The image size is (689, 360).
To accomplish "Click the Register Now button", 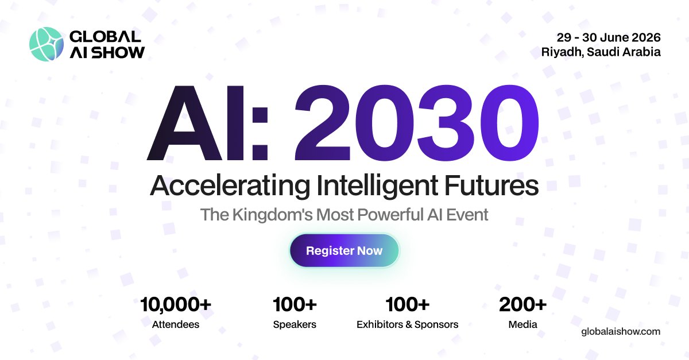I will (x=344, y=250).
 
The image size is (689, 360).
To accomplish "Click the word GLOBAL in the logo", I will (x=105, y=36).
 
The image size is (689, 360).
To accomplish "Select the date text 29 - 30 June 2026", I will (x=609, y=37).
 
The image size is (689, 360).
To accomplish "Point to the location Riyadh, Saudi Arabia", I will (x=601, y=52).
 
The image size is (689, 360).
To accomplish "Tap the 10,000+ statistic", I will (x=176, y=304).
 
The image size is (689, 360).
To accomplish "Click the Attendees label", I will (x=176, y=324).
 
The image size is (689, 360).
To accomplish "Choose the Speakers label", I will (x=295, y=324).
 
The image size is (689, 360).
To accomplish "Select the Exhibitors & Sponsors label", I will (x=408, y=324).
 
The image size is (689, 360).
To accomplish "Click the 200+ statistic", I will (x=522, y=304).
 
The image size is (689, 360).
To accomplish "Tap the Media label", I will (x=522, y=324).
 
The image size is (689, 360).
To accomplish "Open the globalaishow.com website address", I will (x=621, y=331).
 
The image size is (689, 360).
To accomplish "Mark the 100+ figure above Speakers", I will (x=295, y=304).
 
